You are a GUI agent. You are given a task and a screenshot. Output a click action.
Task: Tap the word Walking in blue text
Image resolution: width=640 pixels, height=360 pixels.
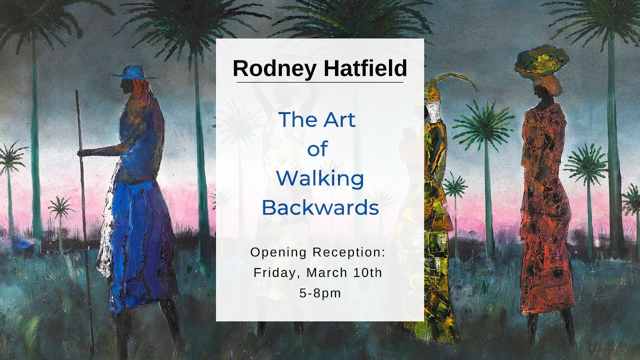320,178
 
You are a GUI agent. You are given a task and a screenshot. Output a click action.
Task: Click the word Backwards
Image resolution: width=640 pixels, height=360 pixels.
320,207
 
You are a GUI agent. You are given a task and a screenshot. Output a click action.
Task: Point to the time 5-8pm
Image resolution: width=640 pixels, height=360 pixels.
320,293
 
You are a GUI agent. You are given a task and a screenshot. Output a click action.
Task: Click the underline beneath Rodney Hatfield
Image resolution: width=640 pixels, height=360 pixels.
320,82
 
